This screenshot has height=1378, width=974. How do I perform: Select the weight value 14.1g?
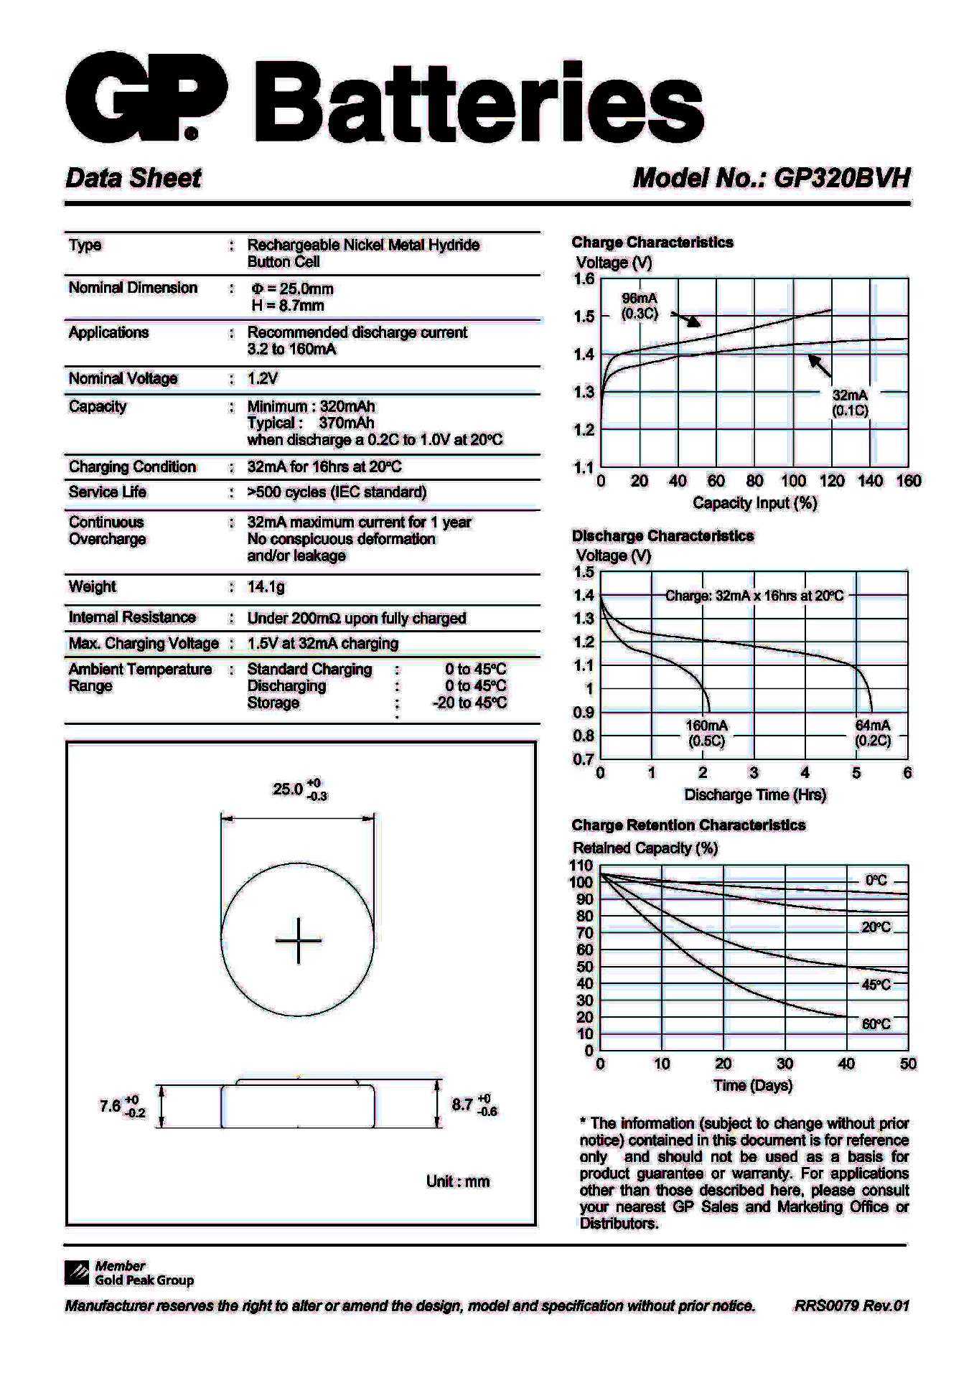pos(266,587)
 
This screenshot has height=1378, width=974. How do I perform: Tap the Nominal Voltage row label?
pos(123,378)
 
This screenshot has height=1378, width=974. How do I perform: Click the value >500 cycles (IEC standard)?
pos(337,492)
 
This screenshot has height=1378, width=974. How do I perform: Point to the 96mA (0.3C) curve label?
pos(639,306)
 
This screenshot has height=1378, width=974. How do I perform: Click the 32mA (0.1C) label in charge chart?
pos(850,403)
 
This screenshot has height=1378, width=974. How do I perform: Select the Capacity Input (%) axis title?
pos(754,503)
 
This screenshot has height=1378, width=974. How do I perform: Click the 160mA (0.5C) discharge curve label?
pos(706,733)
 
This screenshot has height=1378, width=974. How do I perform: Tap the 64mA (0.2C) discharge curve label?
pos(872,733)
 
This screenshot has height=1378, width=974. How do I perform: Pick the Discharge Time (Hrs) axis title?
pos(755,795)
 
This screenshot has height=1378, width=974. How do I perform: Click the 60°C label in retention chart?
pos(876,1024)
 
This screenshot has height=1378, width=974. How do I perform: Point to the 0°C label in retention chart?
pos(876,881)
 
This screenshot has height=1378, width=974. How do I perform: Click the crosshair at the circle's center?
pos(298,940)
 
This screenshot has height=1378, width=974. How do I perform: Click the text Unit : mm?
pos(457,1181)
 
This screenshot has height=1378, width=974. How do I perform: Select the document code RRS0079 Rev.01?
pos(851,1306)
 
